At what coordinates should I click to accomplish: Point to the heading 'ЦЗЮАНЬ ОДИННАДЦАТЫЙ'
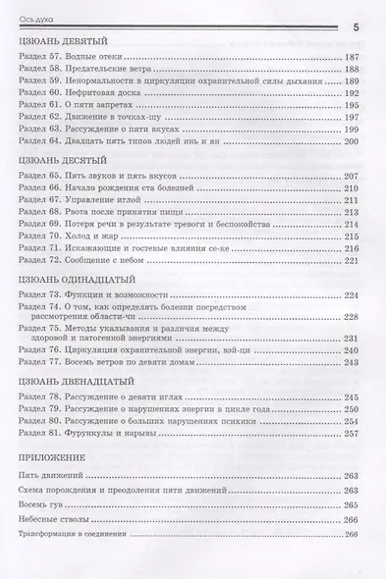coord(74,279)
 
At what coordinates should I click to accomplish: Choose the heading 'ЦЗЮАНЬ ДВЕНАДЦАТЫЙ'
coord(72,380)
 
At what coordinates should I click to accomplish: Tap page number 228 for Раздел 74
coord(353,317)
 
